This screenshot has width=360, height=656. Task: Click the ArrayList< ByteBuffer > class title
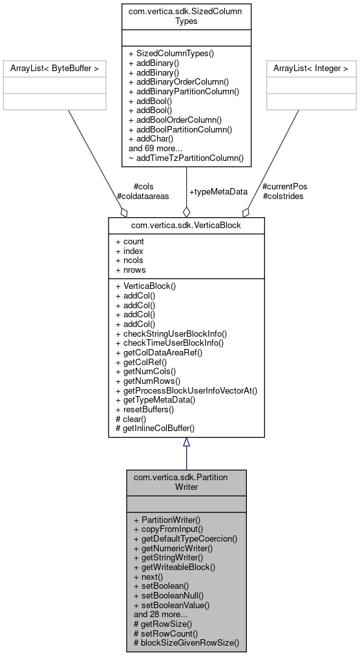[54, 68]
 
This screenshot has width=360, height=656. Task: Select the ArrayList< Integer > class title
[311, 68]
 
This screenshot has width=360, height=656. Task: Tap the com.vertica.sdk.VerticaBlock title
[186, 225]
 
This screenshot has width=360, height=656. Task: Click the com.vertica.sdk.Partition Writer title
[186, 481]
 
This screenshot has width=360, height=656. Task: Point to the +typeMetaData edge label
[218, 192]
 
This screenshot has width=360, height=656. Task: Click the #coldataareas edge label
[142, 195]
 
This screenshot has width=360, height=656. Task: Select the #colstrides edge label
[283, 195]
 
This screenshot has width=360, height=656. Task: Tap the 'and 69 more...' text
[155, 148]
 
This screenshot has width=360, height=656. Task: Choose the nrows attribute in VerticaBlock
[130, 270]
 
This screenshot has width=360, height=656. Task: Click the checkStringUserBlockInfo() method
[171, 333]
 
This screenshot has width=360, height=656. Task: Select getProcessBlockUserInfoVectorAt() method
[186, 390]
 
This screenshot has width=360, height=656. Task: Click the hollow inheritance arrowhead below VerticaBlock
[186, 442]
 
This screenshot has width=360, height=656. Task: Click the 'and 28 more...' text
[160, 614]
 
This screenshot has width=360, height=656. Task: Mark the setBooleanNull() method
[168, 595]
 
